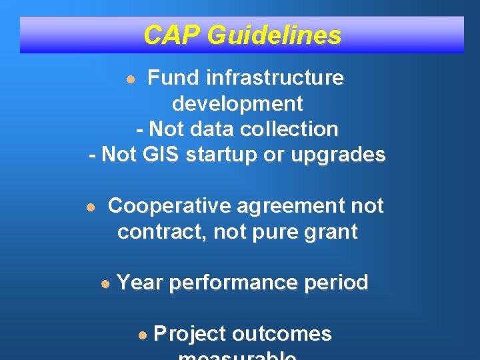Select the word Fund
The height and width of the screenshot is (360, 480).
point(173,78)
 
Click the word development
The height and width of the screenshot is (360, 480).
point(237,103)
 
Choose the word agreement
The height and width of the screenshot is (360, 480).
point(291,206)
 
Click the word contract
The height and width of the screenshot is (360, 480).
point(161,232)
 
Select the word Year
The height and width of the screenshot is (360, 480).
point(140,283)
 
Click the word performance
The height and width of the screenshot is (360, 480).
point(233,283)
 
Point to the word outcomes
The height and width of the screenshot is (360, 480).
point(286,333)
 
